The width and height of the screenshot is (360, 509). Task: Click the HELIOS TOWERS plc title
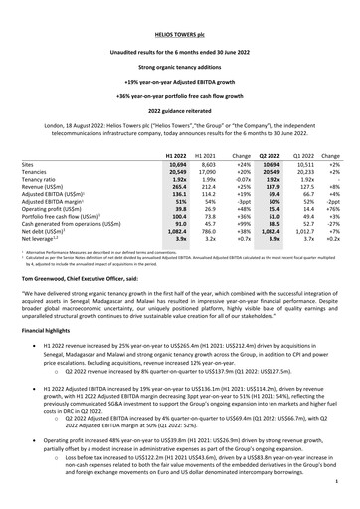[179, 13]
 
